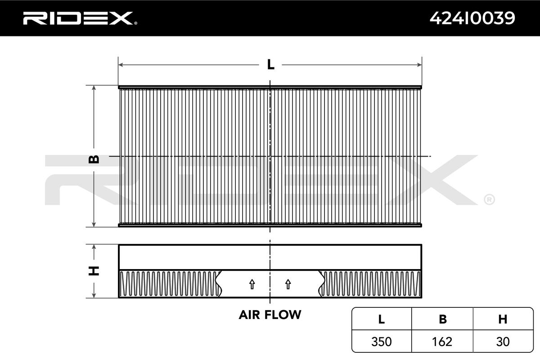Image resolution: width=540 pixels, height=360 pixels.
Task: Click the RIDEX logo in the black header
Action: [80, 18]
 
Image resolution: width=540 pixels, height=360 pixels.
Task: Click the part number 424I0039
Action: [472, 18]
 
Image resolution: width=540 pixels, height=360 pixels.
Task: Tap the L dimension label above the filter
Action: [270, 65]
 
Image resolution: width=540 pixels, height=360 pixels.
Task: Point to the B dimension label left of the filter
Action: [94, 159]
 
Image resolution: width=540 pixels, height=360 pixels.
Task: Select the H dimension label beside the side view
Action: [94, 271]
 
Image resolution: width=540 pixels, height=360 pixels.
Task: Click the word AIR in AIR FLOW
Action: [249, 315]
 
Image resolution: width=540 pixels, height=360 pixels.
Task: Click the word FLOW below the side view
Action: [283, 315]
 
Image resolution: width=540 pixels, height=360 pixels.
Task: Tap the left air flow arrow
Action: [252, 284]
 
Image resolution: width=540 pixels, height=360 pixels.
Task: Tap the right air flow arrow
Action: [288, 284]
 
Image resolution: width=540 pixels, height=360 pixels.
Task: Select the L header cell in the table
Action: [382, 319]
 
